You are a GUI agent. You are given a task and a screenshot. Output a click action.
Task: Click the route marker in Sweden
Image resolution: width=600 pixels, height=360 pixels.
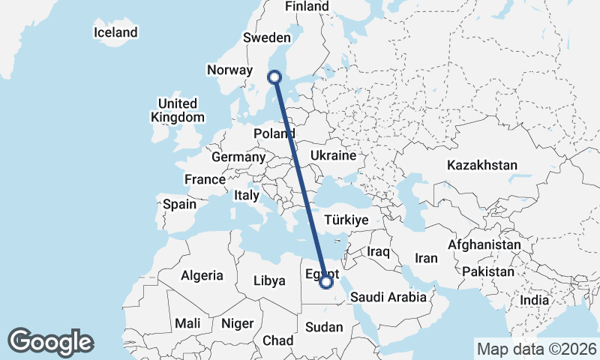[274, 76]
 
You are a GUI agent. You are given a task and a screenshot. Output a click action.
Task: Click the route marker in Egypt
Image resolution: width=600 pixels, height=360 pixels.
[326, 282]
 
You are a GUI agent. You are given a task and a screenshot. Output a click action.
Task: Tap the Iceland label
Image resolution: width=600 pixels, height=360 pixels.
[115, 32]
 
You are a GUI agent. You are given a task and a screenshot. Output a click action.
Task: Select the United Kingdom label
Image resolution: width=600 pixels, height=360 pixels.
[177, 110]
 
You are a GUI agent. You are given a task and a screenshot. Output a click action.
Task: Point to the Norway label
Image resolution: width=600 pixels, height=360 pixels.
[229, 70]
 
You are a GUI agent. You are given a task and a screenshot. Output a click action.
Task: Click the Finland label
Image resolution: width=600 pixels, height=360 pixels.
[307, 7]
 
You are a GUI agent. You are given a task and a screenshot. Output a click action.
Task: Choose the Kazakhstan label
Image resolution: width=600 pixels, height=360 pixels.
[482, 165]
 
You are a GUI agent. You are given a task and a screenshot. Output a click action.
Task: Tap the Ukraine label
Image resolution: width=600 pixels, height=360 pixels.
[331, 156]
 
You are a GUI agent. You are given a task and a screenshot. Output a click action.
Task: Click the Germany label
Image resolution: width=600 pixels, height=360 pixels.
[238, 157]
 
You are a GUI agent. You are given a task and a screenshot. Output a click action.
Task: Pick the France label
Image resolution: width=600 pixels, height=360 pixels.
[205, 179]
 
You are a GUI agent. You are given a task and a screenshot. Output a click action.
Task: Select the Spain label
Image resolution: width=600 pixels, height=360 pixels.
[179, 203]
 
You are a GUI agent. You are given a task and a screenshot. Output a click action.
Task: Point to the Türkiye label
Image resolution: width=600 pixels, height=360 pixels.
[345, 220]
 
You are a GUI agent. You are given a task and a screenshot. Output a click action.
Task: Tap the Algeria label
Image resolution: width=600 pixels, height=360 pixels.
[202, 275]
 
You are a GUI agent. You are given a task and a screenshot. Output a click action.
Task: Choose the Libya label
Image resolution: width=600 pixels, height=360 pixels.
[270, 280]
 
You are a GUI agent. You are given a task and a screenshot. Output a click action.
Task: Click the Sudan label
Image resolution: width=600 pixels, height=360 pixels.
[324, 327]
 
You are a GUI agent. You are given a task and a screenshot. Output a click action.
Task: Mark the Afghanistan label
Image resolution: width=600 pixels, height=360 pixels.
[484, 244]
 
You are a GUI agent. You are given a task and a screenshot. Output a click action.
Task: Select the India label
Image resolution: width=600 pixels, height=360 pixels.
[535, 300]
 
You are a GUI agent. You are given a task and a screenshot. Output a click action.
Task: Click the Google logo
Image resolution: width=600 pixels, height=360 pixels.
[50, 342]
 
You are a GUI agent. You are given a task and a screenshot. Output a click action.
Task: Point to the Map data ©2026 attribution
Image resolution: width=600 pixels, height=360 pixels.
[536, 349]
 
